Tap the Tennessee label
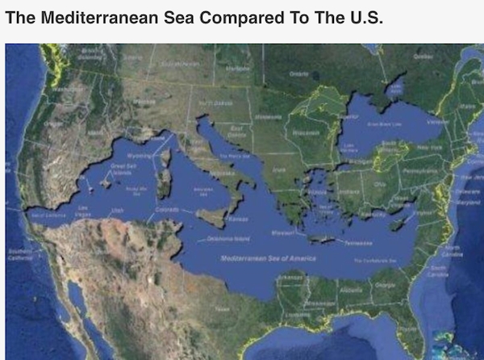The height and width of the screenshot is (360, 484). coord(365,241)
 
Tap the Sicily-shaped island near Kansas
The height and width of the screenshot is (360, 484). coord(211,216)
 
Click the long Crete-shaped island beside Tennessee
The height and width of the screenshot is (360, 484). coord(323,239)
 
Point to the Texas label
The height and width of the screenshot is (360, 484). coord(219,308)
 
